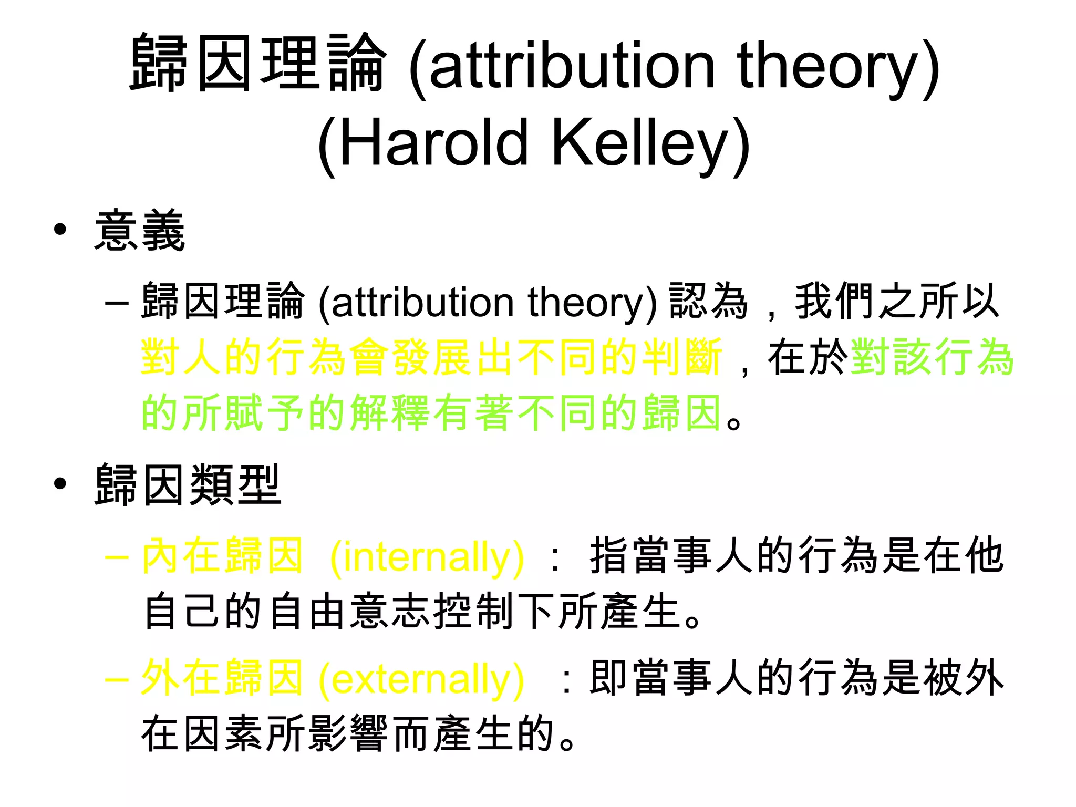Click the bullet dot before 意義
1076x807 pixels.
tap(60, 230)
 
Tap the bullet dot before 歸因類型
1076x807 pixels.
tap(60, 483)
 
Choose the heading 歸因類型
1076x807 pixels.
tap(188, 484)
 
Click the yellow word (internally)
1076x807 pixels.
tap(427, 557)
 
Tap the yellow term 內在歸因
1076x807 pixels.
tap(223, 556)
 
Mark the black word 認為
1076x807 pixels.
tap(709, 302)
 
